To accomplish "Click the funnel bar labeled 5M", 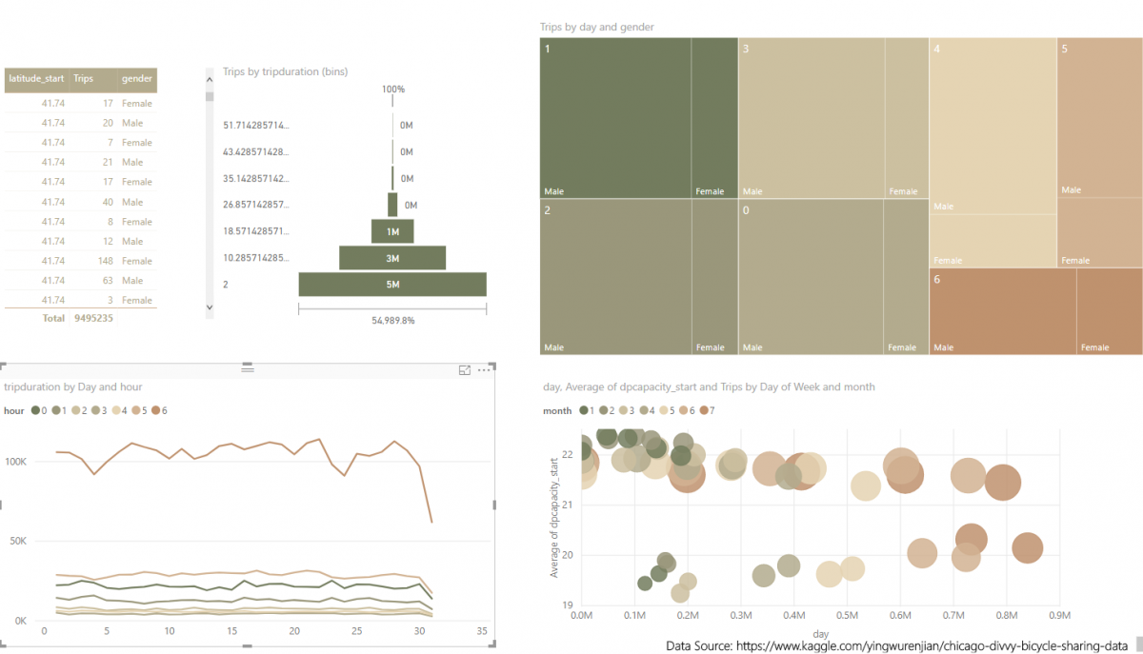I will (x=392, y=284).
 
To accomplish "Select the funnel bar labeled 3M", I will (x=392, y=257).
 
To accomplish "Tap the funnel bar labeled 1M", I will (x=392, y=231).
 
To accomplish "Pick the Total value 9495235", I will (x=93, y=318).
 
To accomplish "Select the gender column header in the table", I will (x=137, y=79).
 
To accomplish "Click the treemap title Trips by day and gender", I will (x=596, y=27).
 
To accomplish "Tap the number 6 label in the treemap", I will (x=937, y=279).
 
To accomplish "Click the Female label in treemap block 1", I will (x=710, y=191).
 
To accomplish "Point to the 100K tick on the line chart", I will (x=16, y=462).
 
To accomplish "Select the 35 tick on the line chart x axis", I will (x=482, y=631).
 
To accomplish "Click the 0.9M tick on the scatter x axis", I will (x=1058, y=615).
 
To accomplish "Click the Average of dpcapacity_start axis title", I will (x=554, y=517).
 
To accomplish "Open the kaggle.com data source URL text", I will (x=896, y=645).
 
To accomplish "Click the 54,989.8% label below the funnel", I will (x=392, y=321).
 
